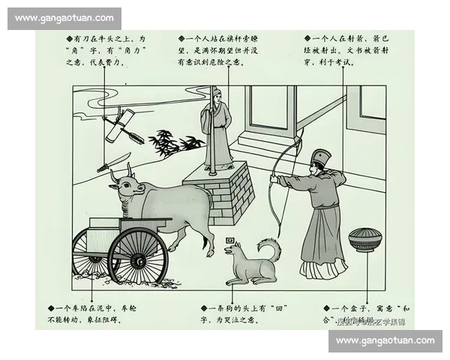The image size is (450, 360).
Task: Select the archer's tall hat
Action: [x=321, y=159]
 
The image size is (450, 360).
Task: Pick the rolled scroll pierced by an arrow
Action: [x=122, y=127]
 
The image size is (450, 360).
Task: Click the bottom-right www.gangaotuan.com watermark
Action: [x=385, y=340]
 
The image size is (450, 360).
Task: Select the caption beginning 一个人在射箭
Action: [x=345, y=49]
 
